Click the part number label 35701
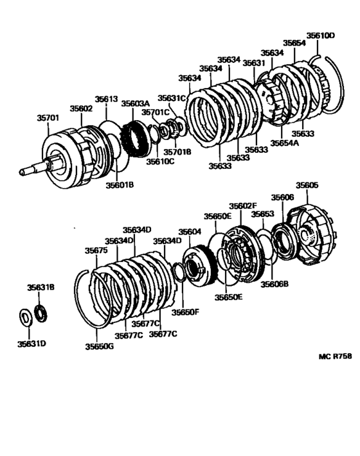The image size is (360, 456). point(48,118)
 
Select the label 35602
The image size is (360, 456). point(81,109)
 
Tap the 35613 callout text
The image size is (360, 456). point(106,99)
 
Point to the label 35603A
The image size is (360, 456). point(136,103)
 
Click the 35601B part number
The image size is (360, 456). point(120,185)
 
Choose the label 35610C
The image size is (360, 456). point(160,161)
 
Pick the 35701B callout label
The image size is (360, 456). point(177,152)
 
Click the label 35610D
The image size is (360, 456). point(320,36)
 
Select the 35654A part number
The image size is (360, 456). point(284,143)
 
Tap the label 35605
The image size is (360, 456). point(307,185)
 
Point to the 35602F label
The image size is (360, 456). point(243,206)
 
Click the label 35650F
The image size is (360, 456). point(185,312)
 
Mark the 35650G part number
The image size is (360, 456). point(99,347)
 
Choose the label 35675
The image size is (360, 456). point(96,250)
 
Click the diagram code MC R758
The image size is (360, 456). point(335,356)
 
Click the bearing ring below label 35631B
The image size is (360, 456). point(41,313)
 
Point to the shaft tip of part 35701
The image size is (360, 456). point(21,172)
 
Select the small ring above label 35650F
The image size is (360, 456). point(178,272)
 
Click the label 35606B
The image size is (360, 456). point(274,284)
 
